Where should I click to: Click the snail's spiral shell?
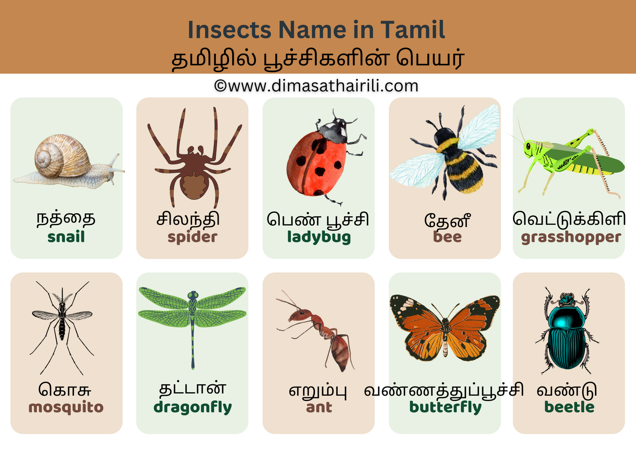click(62, 156)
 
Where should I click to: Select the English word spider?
click(192, 237)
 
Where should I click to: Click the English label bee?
click(447, 237)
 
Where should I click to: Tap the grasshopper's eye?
click(528, 146)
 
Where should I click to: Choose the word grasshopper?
click(571, 237)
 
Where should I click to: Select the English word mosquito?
click(66, 408)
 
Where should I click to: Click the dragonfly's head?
click(193, 295)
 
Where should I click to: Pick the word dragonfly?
click(192, 408)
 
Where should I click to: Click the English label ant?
click(319, 408)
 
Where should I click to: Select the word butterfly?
click(445, 408)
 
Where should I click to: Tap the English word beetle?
click(569, 407)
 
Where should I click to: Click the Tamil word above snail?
click(66, 219)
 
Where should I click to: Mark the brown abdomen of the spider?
click(194, 186)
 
